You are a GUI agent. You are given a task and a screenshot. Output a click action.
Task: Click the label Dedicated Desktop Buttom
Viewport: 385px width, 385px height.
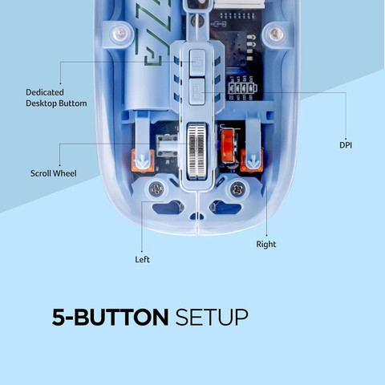[x=56, y=98]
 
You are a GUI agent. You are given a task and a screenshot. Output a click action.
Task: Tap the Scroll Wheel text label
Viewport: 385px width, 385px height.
[x=54, y=173]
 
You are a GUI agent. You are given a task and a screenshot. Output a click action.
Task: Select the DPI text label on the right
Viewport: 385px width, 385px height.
[x=346, y=145]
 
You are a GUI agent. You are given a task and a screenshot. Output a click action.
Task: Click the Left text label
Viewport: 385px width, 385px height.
[x=142, y=259]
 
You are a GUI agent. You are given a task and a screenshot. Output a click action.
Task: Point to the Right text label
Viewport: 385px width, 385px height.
[x=266, y=244]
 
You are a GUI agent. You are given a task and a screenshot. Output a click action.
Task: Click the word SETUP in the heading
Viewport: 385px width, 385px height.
[x=212, y=318]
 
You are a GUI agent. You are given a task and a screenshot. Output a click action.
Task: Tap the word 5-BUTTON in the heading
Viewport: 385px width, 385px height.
[x=110, y=318]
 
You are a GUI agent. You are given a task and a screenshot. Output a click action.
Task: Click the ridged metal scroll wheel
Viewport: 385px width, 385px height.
[x=197, y=151]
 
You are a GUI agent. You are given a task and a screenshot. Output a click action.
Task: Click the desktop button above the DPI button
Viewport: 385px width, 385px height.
[x=197, y=63]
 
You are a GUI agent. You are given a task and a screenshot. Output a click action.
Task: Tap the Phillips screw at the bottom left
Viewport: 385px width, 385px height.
[x=156, y=189]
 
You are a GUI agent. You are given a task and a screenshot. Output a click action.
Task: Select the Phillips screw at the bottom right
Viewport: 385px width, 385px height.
[x=237, y=189]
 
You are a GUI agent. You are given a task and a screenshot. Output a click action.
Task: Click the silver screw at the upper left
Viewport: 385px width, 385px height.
[x=120, y=34]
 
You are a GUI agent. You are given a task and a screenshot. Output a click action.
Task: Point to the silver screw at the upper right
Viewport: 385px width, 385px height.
[x=275, y=34]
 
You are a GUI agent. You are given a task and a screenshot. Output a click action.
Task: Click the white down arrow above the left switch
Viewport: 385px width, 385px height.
[x=141, y=162]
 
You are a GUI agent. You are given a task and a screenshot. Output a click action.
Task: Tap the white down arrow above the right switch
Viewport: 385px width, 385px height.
[x=253, y=162]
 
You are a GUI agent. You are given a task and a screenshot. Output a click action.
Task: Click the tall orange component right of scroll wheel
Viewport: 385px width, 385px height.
[x=229, y=146]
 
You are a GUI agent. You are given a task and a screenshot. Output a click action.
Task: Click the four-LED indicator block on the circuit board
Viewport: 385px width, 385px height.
[x=242, y=87]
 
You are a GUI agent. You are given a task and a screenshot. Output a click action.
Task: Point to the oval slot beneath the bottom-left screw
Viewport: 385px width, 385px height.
[x=168, y=207]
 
